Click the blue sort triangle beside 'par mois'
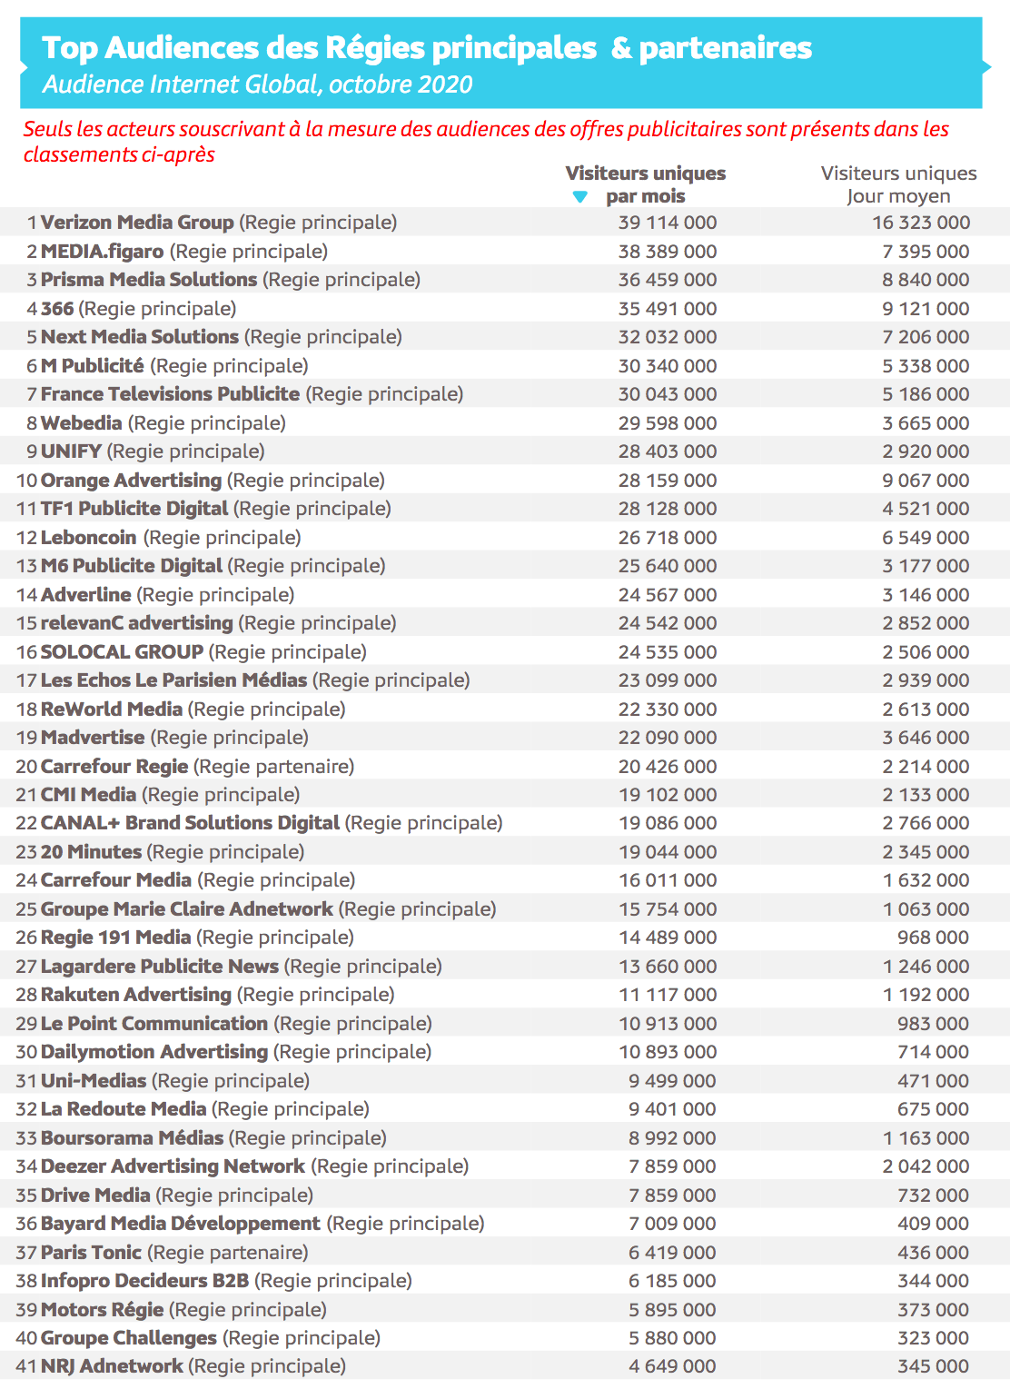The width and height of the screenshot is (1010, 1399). (x=580, y=197)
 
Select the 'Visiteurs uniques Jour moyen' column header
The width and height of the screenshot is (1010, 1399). (x=898, y=184)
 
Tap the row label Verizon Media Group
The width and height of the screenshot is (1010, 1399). (x=137, y=223)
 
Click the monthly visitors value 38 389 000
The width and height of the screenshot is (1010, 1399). (x=667, y=252)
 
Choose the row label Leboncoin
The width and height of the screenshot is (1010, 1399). (x=89, y=538)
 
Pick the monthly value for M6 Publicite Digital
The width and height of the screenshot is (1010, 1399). (x=667, y=566)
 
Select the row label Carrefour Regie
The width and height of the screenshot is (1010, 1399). (x=114, y=767)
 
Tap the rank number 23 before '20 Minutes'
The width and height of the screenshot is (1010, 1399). (x=26, y=852)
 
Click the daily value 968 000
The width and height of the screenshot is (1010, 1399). (x=933, y=938)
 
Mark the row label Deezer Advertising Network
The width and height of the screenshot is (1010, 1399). (x=173, y=1166)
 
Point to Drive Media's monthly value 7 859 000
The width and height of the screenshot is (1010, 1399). (x=672, y=1196)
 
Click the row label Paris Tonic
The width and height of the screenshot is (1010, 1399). (x=91, y=1253)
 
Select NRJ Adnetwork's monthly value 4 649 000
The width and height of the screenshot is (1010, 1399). (x=672, y=1366)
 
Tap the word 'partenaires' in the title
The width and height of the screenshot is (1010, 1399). (x=725, y=48)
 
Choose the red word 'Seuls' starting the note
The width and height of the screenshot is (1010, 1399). (x=47, y=129)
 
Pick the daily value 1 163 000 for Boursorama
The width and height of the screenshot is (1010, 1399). (x=925, y=1138)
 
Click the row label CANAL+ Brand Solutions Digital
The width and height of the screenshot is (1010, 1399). (x=190, y=823)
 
